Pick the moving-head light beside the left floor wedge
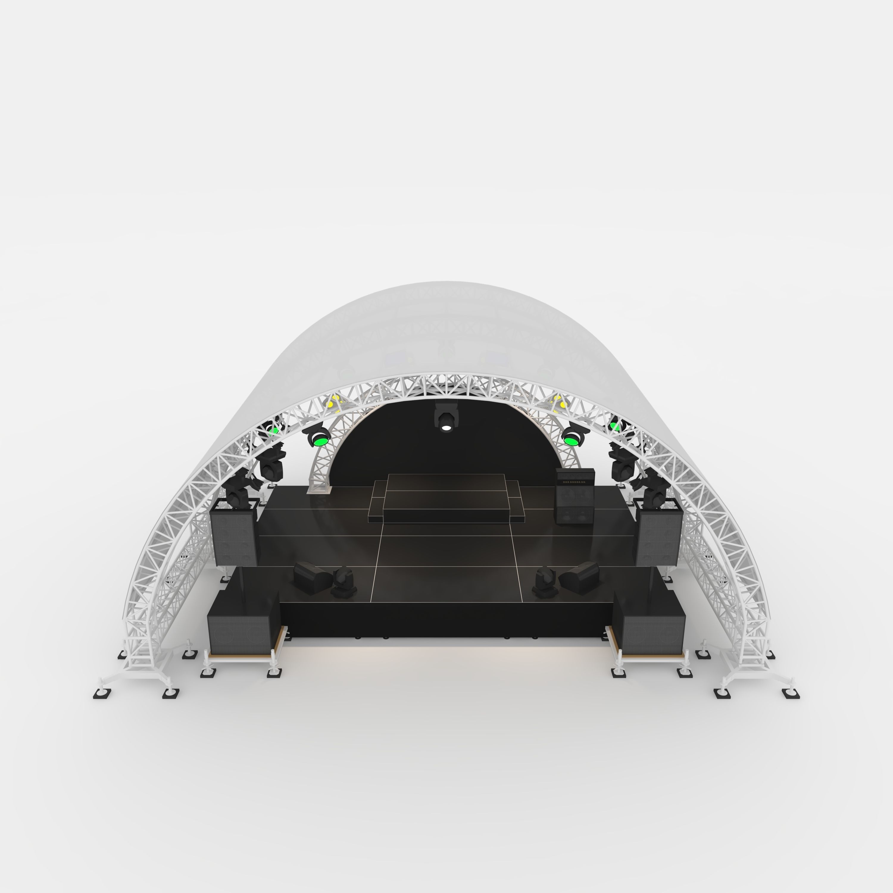[342, 583]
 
